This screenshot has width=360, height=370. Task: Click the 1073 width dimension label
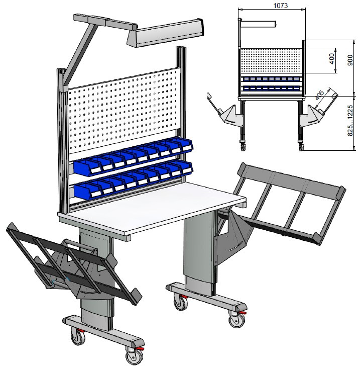pyautogui.click(x=280, y=5)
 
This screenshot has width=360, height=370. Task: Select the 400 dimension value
pyautogui.click(x=331, y=59)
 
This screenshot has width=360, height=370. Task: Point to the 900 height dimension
pyautogui.click(x=350, y=60)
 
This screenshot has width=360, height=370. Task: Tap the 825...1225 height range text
pyautogui.click(x=350, y=121)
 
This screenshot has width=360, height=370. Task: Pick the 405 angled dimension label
pyautogui.click(x=320, y=95)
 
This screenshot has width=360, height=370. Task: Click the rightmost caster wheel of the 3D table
pyautogui.click(x=237, y=319)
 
